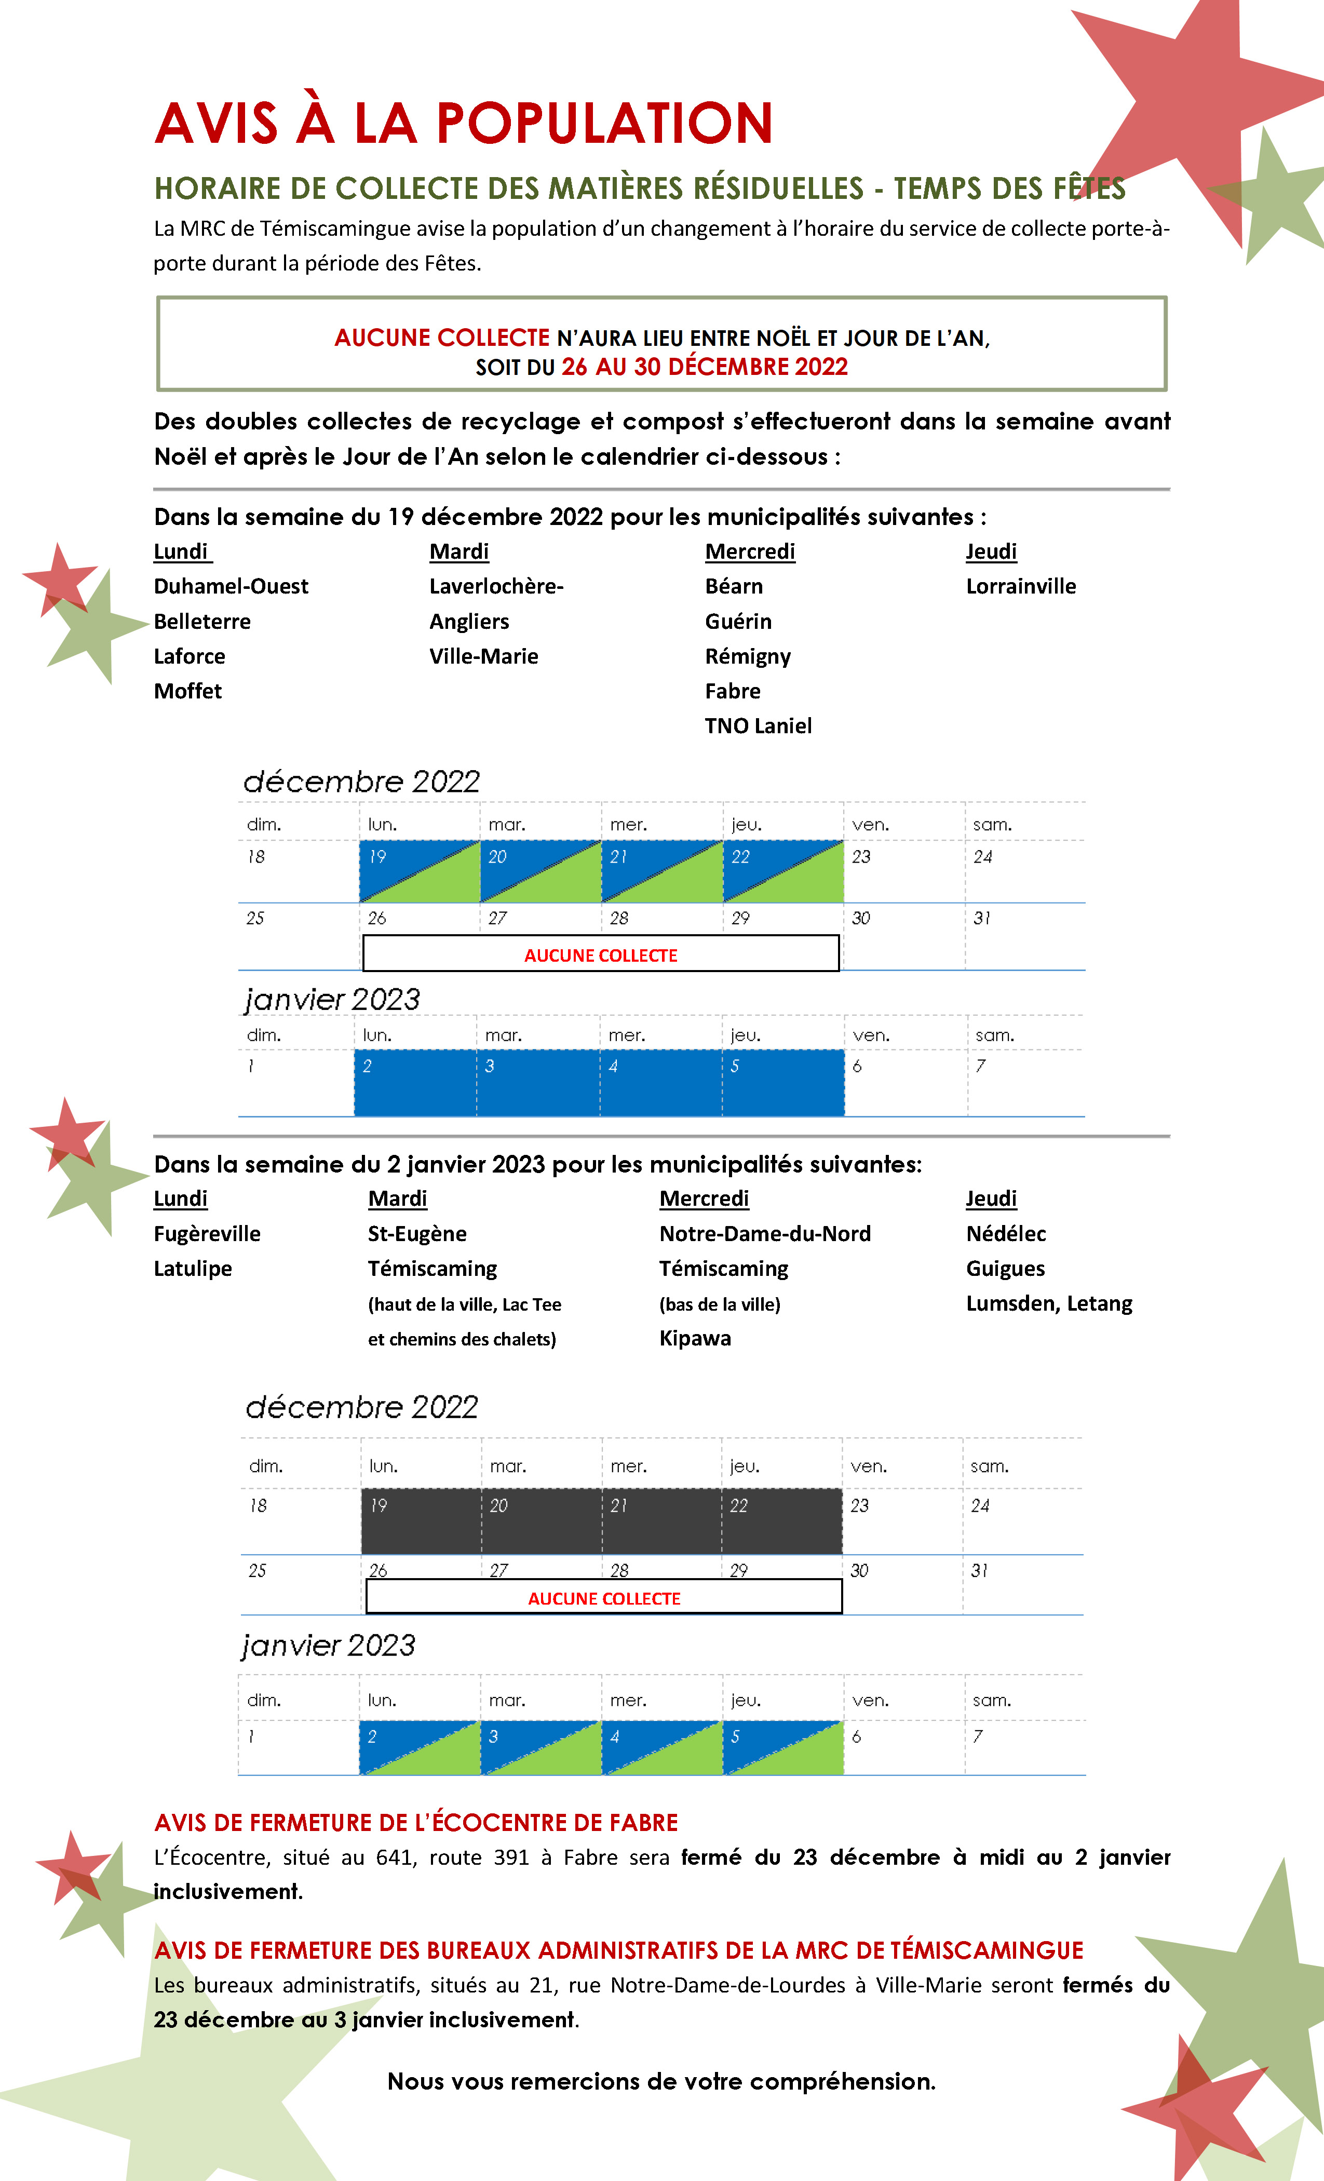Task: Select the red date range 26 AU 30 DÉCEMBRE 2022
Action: tap(705, 367)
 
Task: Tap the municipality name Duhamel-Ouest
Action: tap(231, 586)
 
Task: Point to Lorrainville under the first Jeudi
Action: tap(1020, 586)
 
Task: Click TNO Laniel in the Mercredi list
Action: tap(758, 726)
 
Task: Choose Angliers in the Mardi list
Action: tap(469, 622)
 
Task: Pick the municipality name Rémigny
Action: tap(748, 656)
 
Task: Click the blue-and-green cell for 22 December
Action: tap(782, 872)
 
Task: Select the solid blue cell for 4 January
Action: tap(660, 1083)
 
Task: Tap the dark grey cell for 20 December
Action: tap(541, 1520)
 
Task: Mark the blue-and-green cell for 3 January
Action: tap(541, 1747)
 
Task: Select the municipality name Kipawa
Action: tap(695, 1338)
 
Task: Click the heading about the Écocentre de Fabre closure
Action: tap(416, 1823)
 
